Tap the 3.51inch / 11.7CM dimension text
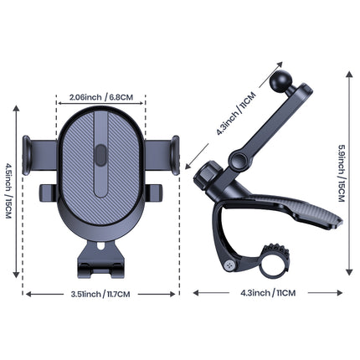102,294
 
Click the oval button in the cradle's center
100,157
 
